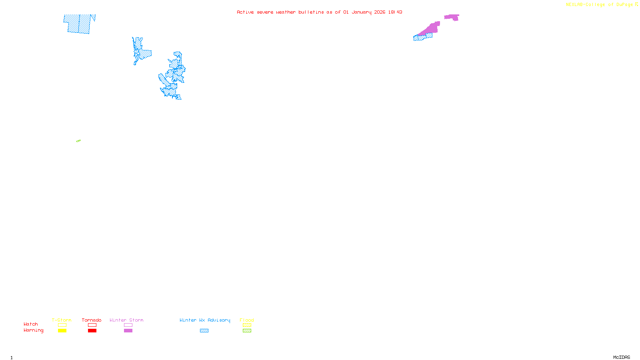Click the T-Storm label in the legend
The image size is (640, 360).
tap(62, 320)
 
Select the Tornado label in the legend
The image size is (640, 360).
tap(92, 320)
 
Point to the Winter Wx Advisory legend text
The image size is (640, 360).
tap(205, 320)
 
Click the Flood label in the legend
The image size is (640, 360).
tap(247, 320)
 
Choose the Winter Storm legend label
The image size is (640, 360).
tap(126, 320)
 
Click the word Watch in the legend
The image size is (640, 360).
tap(31, 324)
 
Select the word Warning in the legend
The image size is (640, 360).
tap(34, 330)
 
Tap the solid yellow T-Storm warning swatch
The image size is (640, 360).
tap(62, 331)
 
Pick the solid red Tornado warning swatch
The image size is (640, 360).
tap(92, 331)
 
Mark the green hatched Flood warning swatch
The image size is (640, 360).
tap(247, 331)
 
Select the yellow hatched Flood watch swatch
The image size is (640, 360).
tap(247, 325)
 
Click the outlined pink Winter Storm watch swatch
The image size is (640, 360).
tap(128, 325)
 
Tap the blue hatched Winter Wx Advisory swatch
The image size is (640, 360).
tap(204, 331)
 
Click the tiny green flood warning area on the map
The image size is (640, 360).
tap(78, 141)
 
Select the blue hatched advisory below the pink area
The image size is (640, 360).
tap(422, 38)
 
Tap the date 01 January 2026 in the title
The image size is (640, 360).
tap(364, 12)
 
